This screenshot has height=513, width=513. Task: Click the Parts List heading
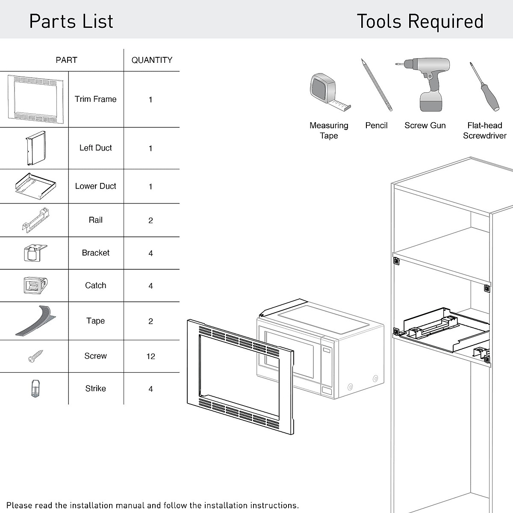pos(71,21)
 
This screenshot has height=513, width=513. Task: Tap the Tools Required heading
pos(420,21)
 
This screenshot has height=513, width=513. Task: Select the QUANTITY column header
pos(152,60)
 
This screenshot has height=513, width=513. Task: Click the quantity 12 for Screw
pos(150,357)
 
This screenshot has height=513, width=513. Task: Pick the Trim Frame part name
pos(95,99)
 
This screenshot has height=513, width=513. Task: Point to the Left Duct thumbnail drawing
pos(35,148)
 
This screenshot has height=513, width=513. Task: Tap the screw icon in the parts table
pos(35,356)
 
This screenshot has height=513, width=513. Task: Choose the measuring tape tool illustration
pos(327,91)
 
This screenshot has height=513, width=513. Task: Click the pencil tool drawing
pos(376,85)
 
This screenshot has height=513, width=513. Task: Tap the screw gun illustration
pos(425,84)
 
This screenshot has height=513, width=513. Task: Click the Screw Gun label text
pos(425,126)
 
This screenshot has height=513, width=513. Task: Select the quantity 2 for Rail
pos(150,221)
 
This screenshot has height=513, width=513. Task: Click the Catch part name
pos(95,286)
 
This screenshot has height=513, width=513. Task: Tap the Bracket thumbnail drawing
pos(35,253)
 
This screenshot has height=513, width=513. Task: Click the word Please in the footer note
pos(20,505)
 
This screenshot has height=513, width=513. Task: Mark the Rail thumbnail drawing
pos(35,220)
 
